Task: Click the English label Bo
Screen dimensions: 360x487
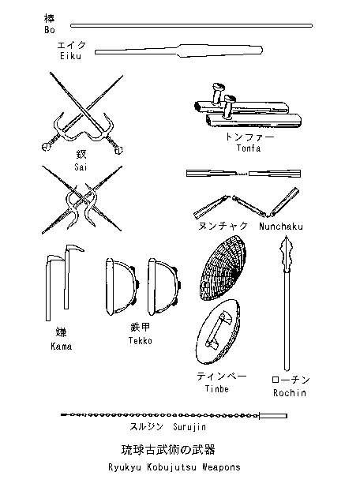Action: click(x=50, y=30)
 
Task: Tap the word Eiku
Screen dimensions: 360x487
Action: click(x=70, y=56)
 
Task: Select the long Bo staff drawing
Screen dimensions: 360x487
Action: click(x=191, y=25)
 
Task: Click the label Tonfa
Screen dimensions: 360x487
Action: click(x=249, y=148)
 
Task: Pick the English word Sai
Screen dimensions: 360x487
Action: click(x=81, y=167)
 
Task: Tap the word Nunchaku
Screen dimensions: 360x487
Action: click(x=281, y=226)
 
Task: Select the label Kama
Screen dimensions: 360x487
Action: click(x=62, y=346)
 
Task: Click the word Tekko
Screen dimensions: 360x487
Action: click(x=141, y=340)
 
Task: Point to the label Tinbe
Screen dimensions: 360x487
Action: click(x=217, y=388)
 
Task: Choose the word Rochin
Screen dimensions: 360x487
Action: click(x=290, y=393)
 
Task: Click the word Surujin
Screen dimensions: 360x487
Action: click(x=189, y=427)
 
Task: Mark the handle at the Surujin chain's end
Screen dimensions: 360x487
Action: click(x=273, y=416)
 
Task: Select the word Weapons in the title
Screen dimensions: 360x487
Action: click(x=221, y=466)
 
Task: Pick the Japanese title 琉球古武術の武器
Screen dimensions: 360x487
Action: click(x=168, y=449)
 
